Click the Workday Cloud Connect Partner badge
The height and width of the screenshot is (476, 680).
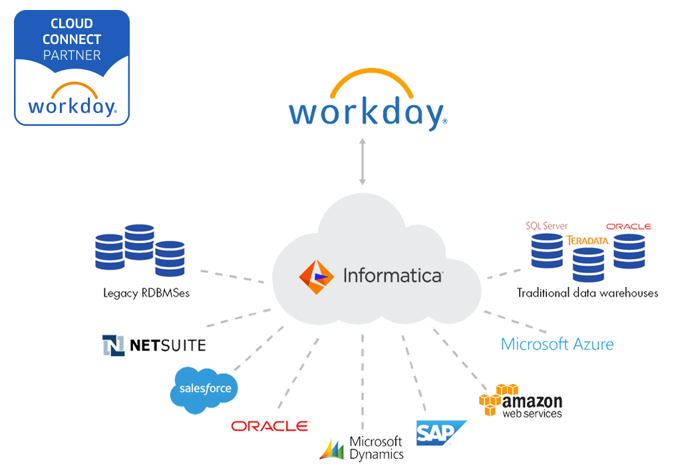pyautogui.click(x=72, y=68)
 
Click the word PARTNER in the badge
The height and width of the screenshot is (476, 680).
pyautogui.click(x=72, y=55)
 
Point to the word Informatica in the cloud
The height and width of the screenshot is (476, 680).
pyautogui.click(x=392, y=275)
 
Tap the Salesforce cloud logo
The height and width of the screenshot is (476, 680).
pyautogui.click(x=204, y=388)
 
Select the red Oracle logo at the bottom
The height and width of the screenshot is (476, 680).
pyautogui.click(x=269, y=425)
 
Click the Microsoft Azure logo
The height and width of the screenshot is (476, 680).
pyautogui.click(x=544, y=344)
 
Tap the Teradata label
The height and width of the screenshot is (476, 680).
pyautogui.click(x=587, y=240)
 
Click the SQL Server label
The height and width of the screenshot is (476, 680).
pyautogui.click(x=545, y=226)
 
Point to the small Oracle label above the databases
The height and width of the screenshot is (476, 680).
pyautogui.click(x=629, y=227)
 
